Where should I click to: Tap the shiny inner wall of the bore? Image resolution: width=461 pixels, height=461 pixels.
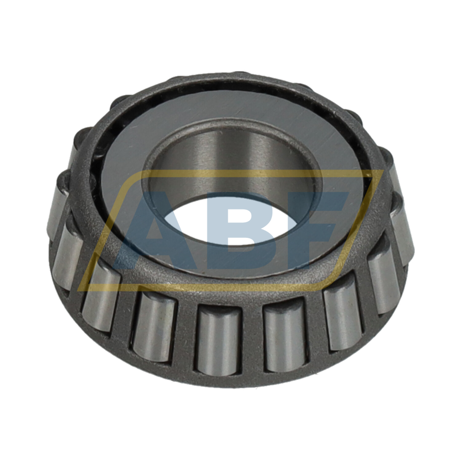click(234, 160)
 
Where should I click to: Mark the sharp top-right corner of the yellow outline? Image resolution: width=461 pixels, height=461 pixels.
click(383, 171)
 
